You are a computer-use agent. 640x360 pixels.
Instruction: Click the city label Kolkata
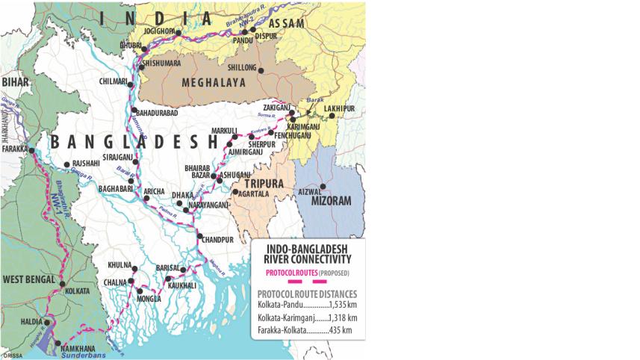pyautogui.click(x=77, y=289)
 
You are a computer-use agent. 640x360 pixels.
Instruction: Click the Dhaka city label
pyautogui.click(x=182, y=194)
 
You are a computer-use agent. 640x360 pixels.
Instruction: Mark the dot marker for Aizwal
pyautogui.click(x=323, y=186)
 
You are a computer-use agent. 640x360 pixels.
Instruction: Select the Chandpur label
pyautogui.click(x=218, y=239)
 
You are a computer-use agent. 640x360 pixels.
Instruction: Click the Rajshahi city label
pyautogui.click(x=85, y=164)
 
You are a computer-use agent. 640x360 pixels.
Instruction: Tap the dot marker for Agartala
pyautogui.click(x=234, y=192)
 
